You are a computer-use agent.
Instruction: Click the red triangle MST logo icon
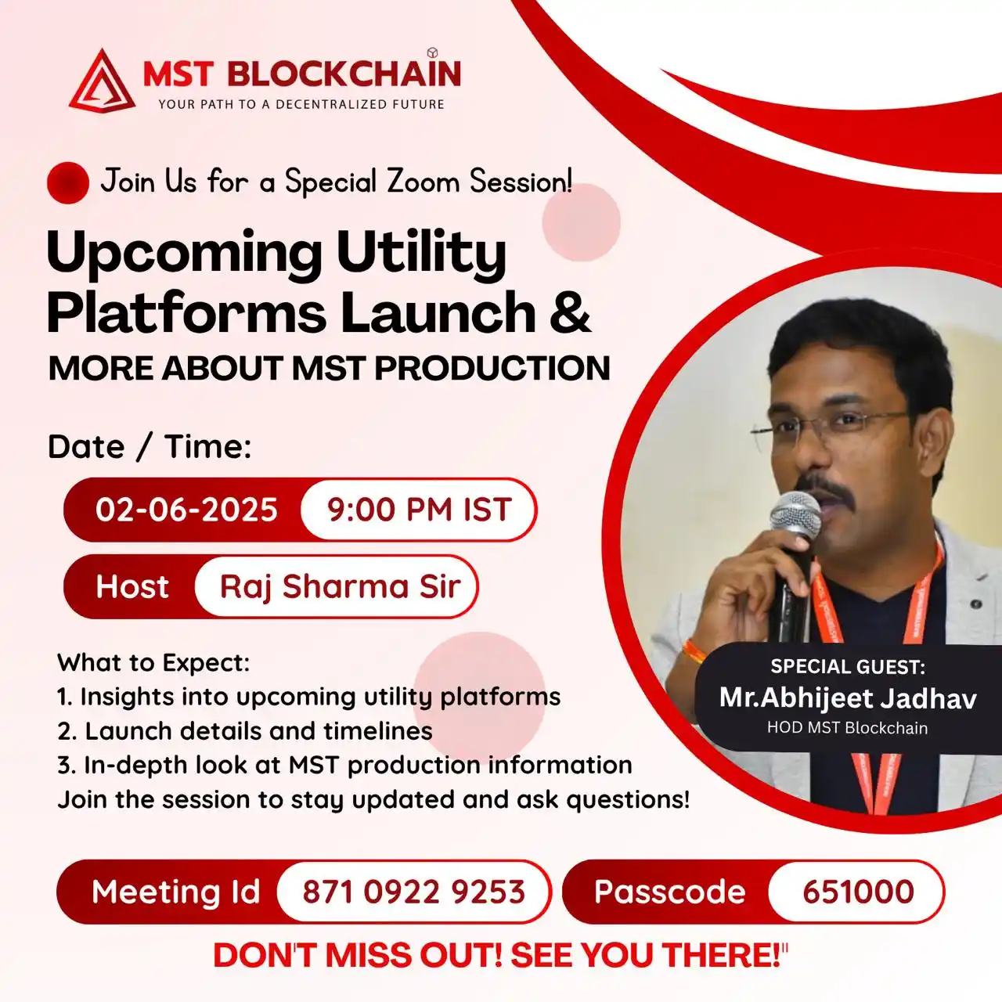101,82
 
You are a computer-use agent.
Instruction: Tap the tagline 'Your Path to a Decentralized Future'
301,104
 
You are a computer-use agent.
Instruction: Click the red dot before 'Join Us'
68,182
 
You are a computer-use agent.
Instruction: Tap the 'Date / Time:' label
150,447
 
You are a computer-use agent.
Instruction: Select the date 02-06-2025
186,510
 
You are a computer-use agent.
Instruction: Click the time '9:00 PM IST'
419,510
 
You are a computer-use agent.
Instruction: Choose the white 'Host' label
132,586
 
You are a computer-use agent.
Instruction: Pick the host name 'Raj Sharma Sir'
340,586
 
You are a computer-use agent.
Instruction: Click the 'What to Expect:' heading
153,663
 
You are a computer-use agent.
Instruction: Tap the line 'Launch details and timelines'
258,731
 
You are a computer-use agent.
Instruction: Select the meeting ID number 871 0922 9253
413,892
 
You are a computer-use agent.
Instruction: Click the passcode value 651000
858,892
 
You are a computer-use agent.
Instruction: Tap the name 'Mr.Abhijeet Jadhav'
848,697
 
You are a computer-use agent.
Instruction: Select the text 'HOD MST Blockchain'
847,728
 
